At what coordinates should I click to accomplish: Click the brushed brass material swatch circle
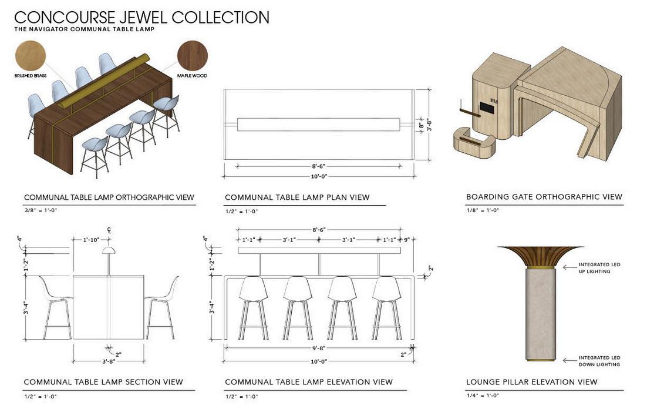click(x=30, y=55)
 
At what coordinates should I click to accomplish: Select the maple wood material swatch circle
click(x=193, y=56)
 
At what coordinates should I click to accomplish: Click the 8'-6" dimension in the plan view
click(x=319, y=166)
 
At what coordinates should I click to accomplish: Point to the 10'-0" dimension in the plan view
click(x=319, y=176)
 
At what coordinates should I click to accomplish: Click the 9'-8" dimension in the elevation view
click(x=319, y=348)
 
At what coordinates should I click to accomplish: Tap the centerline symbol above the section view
click(x=109, y=229)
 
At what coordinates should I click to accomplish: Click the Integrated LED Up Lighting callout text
click(x=599, y=268)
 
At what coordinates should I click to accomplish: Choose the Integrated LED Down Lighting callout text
click(x=599, y=361)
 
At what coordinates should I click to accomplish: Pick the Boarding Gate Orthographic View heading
click(x=544, y=197)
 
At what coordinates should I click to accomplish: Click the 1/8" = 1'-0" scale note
click(x=483, y=210)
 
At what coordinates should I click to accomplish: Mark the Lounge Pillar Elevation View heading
click(x=531, y=382)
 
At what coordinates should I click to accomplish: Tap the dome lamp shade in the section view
click(x=109, y=251)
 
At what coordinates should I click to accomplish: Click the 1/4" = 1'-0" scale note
click(x=483, y=395)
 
